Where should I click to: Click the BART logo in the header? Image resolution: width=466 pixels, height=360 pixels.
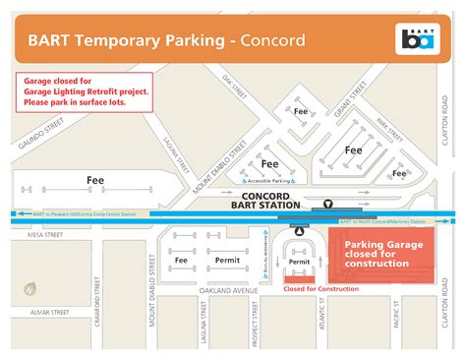416,40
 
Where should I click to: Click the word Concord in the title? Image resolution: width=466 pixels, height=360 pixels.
268,40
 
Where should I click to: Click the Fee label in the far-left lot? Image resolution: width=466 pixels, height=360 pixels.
95,181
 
